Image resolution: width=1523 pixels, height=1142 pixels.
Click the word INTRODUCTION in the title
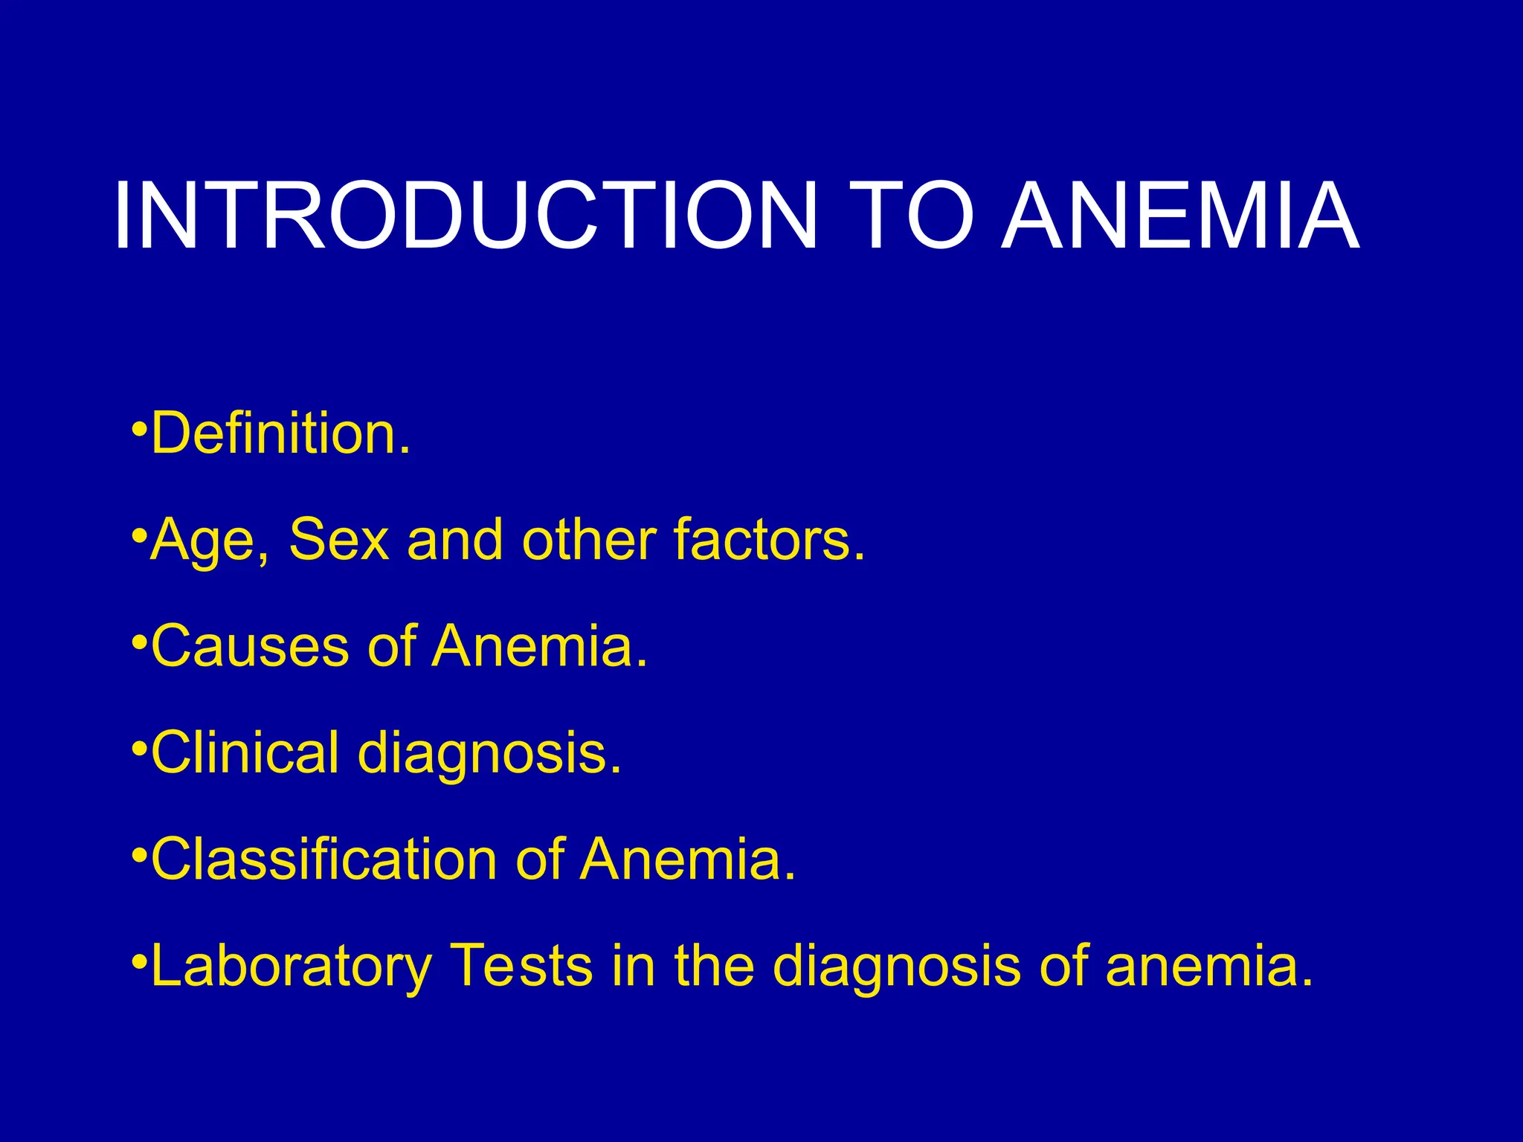[x=466, y=216]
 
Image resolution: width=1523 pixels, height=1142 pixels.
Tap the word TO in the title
[x=912, y=216]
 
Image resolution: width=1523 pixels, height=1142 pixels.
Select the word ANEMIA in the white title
[x=1181, y=216]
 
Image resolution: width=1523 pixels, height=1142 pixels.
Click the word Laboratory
[x=291, y=967]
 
